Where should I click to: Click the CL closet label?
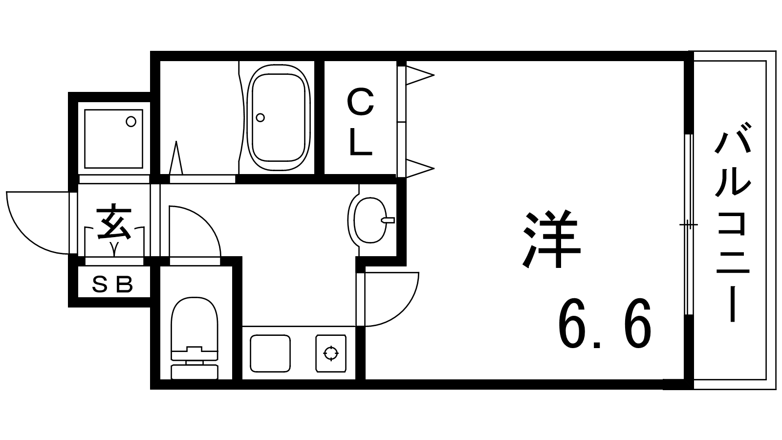coord(361,122)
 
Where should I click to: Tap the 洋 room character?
coord(551,239)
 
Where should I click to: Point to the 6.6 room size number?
coord(604,323)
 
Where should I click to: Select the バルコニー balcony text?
coord(733,222)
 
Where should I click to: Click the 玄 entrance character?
coord(114,222)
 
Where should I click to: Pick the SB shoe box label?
coord(112,284)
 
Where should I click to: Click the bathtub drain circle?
coord(260,118)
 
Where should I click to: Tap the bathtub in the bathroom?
coord(278,118)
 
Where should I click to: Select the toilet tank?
coord(195,372)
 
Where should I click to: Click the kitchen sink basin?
coord(270,353)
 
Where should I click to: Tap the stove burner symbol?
coord(331,353)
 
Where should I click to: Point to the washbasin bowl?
coord(370,220)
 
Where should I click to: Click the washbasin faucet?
coord(388,220)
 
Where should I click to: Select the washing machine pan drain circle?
coord(131,122)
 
